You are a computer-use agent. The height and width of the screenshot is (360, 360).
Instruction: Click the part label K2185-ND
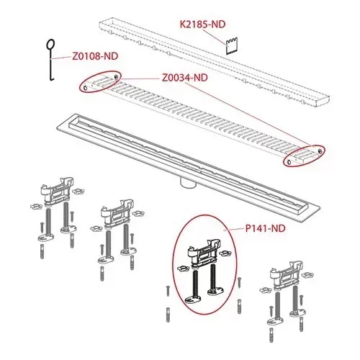click(x=203, y=24)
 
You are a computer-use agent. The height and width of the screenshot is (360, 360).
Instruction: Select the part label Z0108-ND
click(x=95, y=56)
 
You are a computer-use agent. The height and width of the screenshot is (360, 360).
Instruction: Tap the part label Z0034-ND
click(x=185, y=78)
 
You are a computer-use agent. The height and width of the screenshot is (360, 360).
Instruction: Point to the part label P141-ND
click(x=265, y=228)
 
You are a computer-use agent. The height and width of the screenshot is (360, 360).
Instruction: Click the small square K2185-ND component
click(x=231, y=46)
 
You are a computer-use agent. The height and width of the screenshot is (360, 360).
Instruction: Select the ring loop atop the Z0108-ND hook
click(x=50, y=45)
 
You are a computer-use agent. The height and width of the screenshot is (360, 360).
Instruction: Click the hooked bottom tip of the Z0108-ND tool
click(x=52, y=78)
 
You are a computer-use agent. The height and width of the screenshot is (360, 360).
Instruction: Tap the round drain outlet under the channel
click(x=188, y=184)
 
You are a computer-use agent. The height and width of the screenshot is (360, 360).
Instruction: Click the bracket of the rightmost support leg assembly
click(x=287, y=276)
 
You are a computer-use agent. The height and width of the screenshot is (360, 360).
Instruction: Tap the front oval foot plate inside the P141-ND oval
click(x=193, y=300)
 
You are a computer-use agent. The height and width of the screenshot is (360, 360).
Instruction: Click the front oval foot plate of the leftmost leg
click(x=46, y=238)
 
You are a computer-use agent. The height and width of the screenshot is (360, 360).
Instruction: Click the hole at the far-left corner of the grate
click(x=85, y=89)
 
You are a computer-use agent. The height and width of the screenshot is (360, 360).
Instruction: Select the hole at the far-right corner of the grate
click(x=320, y=150)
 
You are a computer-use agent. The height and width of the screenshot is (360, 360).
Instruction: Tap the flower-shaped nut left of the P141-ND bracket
click(x=181, y=269)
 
